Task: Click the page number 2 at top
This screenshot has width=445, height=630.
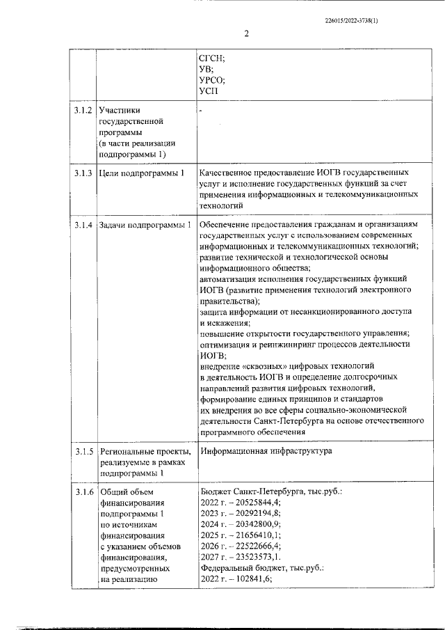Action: coord(246,33)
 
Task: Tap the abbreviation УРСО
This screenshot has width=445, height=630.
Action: coord(212,79)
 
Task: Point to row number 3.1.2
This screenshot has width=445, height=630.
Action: coord(83,110)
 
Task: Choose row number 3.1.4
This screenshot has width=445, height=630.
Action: coord(83,225)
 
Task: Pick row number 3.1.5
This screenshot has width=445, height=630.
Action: coord(83,452)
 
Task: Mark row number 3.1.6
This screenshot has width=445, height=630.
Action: coord(83,493)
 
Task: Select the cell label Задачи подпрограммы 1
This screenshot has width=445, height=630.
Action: coord(145,225)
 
